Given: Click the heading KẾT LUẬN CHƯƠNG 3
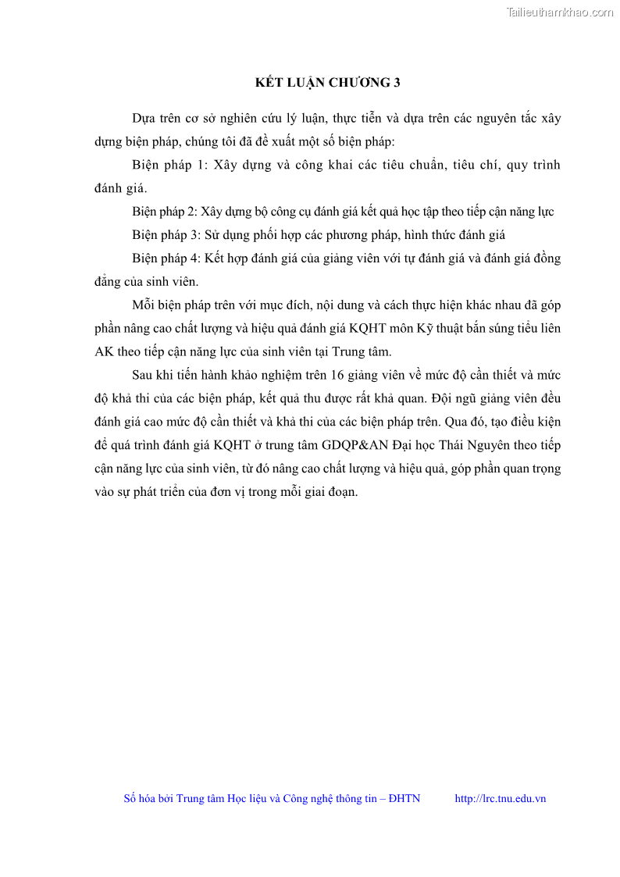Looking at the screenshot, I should (x=328, y=82).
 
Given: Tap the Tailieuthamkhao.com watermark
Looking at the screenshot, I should (x=560, y=12).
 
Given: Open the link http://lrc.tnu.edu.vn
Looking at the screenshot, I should (x=500, y=798).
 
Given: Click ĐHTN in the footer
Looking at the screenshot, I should (x=404, y=798).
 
